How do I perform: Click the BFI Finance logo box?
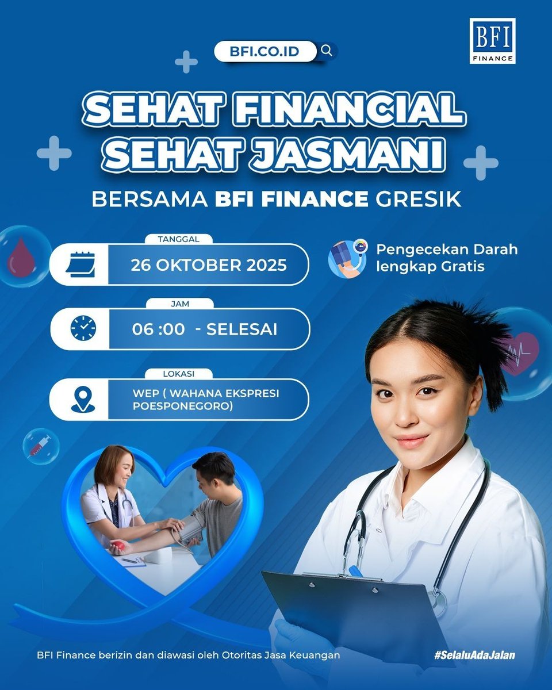click(492, 41)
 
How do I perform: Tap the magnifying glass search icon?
click(327, 51)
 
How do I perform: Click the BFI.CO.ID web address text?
click(265, 51)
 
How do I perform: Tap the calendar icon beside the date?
click(80, 264)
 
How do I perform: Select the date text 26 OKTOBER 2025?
click(208, 265)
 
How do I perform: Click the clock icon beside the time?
click(83, 328)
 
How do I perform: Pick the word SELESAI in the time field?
click(241, 329)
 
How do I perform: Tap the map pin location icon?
click(83, 400)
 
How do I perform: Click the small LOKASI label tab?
click(179, 373)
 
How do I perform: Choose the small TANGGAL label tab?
click(179, 239)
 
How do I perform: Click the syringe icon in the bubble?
click(40, 446)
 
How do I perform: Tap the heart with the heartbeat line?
click(520, 352)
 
